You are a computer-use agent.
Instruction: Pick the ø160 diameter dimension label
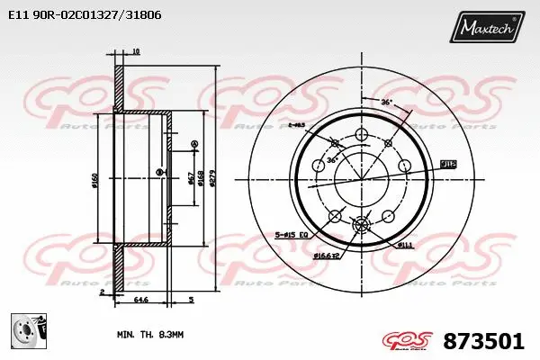click(94, 180)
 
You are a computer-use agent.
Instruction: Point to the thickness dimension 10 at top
click(135, 52)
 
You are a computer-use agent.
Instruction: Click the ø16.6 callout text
click(326, 256)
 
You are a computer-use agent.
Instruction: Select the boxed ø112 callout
click(447, 164)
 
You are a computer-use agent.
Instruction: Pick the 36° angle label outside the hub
click(385, 103)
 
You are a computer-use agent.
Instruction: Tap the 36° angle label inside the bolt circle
click(331, 160)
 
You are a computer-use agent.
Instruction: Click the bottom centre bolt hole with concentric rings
click(363, 224)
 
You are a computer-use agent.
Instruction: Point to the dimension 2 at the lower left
click(103, 292)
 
